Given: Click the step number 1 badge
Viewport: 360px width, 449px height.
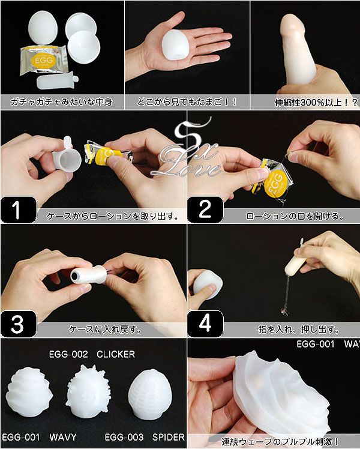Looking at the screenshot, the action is (19, 209).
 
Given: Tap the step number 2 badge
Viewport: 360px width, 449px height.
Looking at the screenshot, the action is (205, 209).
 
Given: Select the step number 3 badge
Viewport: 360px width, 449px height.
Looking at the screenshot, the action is (19, 324).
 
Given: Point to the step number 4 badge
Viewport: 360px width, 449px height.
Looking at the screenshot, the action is (205, 324).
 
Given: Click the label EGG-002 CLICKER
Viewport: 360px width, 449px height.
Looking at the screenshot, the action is (92, 355).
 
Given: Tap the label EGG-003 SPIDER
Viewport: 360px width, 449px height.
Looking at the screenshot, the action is (145, 437).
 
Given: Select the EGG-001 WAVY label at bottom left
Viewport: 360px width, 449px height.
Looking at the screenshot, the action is (39, 437).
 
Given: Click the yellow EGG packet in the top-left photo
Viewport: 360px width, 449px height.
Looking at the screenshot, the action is (44, 60).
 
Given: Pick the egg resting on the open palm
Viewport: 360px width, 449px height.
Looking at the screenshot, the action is (175, 44).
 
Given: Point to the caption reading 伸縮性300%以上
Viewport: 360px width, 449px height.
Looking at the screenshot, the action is (316, 102).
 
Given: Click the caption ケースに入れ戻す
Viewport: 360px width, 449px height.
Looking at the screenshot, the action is (106, 330).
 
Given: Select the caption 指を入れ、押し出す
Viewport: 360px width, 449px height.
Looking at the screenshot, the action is (299, 330).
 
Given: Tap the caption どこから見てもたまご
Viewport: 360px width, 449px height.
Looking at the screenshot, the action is (187, 101).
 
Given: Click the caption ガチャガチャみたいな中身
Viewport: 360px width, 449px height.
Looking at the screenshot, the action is (61, 101).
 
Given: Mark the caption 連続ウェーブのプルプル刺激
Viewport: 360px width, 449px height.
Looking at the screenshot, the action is (280, 442).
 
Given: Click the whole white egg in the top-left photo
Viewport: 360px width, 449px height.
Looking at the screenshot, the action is (43, 28).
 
